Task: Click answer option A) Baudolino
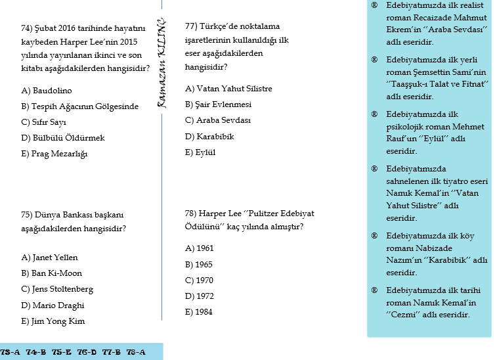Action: click(47, 90)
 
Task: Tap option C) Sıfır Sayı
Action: click(44, 122)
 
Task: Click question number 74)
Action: click(28, 28)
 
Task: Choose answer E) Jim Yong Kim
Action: click(53, 321)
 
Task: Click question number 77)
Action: click(192, 26)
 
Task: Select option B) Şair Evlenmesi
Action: click(219, 104)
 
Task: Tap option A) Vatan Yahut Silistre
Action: click(228, 89)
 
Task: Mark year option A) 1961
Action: click(200, 248)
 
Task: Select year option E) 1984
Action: click(200, 312)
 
